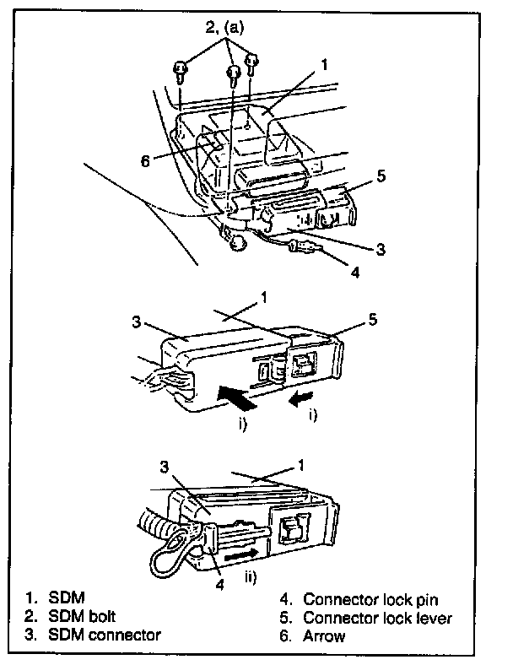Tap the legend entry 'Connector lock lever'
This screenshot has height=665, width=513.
(x=377, y=618)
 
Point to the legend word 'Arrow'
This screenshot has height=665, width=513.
(x=324, y=635)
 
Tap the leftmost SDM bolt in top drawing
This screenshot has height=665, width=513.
(x=181, y=70)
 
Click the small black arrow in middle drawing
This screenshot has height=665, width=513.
(x=301, y=395)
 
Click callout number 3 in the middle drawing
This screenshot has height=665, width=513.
(x=136, y=323)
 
